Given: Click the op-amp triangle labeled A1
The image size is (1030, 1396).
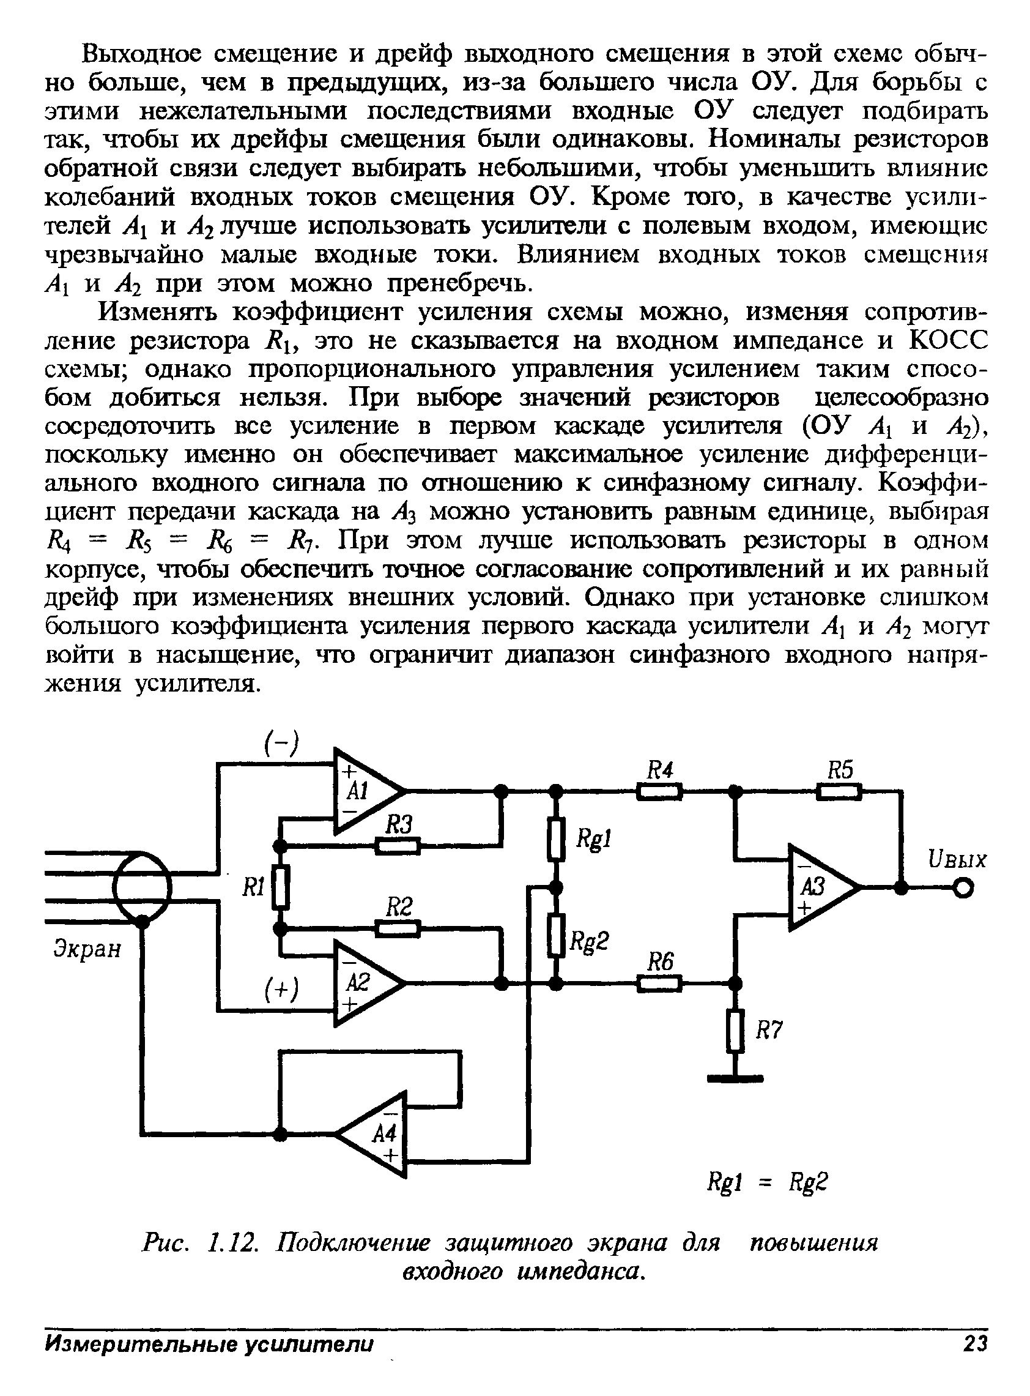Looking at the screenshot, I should point(365,791).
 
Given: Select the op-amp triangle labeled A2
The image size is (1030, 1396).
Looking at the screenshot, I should point(365,984).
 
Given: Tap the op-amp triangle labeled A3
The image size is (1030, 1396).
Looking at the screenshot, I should point(820,887).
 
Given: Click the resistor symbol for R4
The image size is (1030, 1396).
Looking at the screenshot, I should point(659,792).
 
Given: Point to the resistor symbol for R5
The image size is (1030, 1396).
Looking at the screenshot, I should point(839,792).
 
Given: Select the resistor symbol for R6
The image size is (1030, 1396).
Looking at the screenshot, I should point(659,984).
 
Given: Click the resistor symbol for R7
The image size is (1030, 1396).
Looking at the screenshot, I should point(736,1032).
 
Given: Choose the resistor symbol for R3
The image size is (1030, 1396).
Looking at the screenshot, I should point(398,846).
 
